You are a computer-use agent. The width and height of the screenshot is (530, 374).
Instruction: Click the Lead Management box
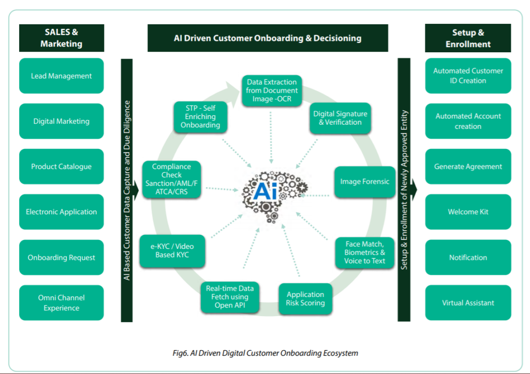[x=61, y=76]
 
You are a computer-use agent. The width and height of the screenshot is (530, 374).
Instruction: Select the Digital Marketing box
[x=61, y=121]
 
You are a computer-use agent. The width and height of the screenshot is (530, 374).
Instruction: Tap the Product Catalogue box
[x=61, y=167]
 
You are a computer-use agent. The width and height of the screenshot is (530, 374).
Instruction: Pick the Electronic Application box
[x=61, y=212]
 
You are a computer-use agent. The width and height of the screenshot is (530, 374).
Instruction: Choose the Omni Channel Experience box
[x=61, y=303]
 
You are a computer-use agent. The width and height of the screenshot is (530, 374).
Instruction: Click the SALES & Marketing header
[x=61, y=38]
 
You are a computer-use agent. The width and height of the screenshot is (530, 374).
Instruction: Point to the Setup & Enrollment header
[x=468, y=38]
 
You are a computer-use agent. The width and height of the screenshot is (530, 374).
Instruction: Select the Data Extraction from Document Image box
[x=272, y=91]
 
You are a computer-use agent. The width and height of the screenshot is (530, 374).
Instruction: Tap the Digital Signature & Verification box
[x=340, y=118]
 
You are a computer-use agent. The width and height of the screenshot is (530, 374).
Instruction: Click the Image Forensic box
[x=365, y=182]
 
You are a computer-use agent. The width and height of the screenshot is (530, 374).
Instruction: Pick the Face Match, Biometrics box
[x=364, y=252]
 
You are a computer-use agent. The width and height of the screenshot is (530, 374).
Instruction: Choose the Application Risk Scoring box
[x=305, y=298]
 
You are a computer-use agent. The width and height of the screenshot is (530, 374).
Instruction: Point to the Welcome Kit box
[x=468, y=212]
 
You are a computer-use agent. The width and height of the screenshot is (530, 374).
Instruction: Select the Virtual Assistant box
[x=468, y=303]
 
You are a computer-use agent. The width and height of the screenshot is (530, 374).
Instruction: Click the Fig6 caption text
[x=266, y=353]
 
